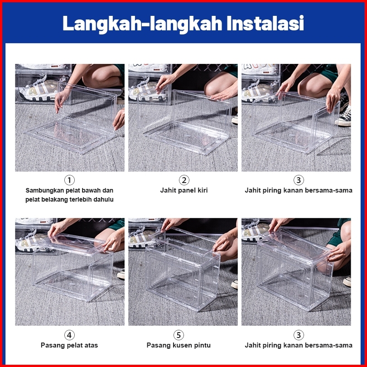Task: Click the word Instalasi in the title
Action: [266, 23]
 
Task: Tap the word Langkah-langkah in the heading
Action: [142, 24]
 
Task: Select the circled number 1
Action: [69, 180]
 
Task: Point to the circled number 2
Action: [184, 180]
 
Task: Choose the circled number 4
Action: [69, 335]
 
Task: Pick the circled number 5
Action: [179, 335]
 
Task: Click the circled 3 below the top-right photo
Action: [299, 180]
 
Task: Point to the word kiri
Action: [203, 190]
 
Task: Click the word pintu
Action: [203, 345]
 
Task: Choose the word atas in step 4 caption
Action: [91, 345]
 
